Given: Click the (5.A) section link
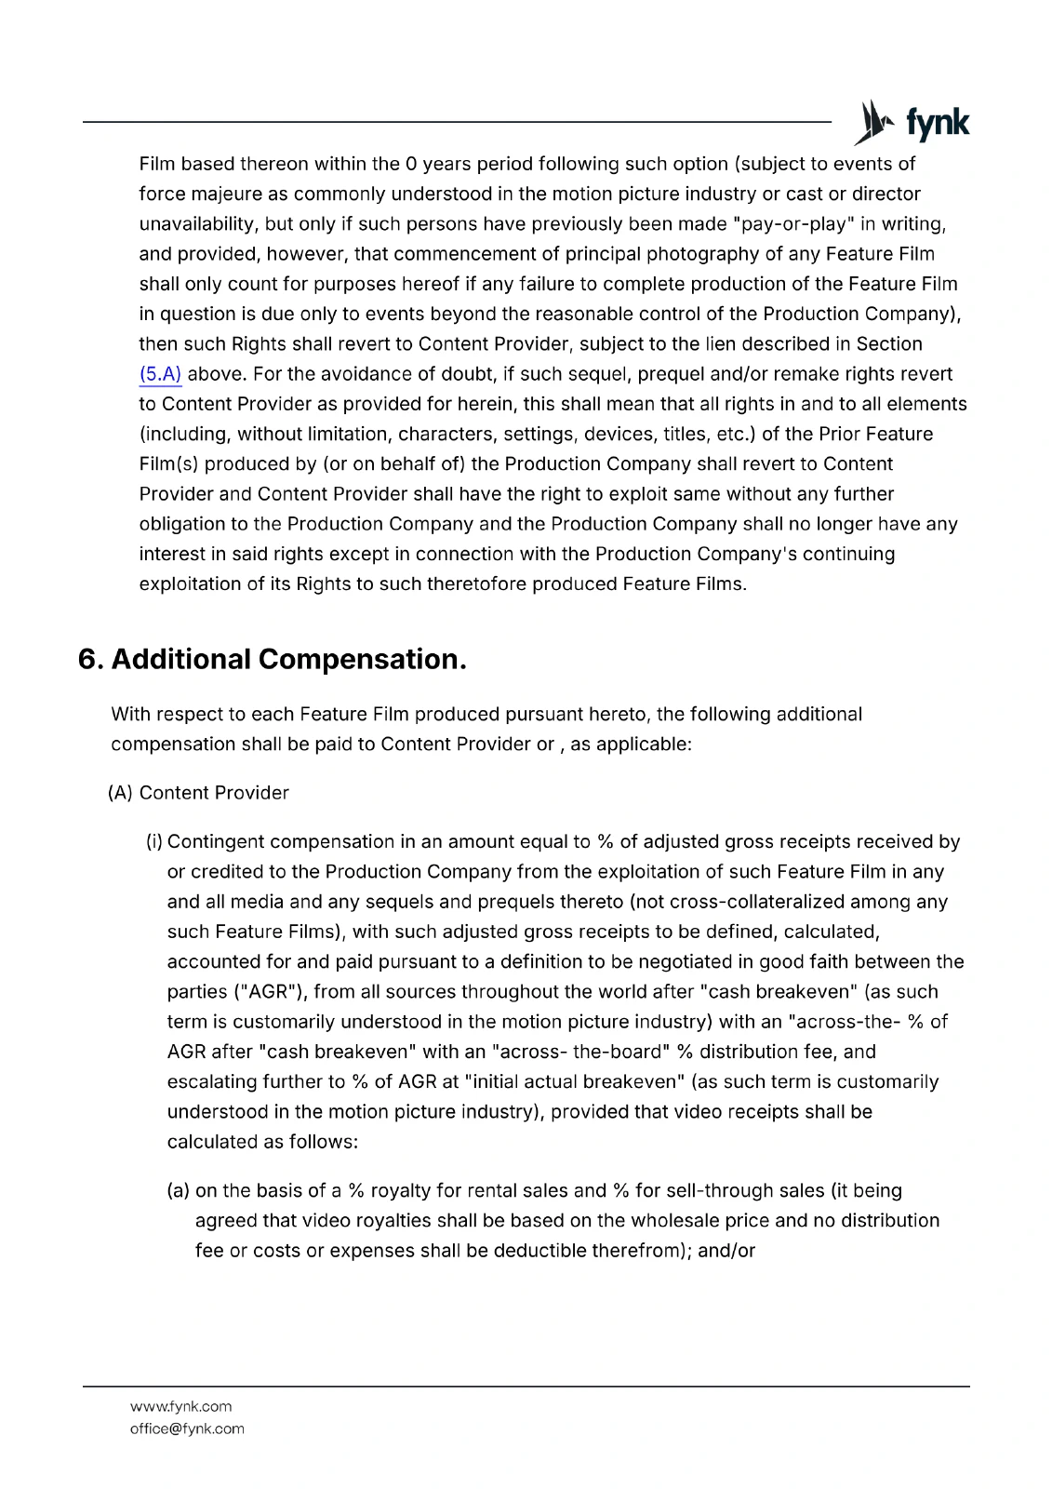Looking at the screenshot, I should (x=160, y=374).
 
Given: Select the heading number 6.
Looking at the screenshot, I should (x=89, y=660).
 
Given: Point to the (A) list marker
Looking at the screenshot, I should (x=121, y=793).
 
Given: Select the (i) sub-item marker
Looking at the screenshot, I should (x=154, y=842).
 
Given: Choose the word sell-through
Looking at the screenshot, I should (x=690, y=1191).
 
